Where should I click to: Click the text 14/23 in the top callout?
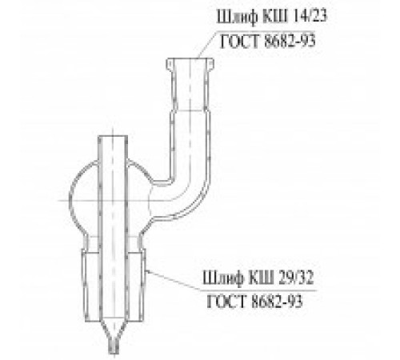(x=310, y=17)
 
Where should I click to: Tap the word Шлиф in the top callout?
(x=238, y=18)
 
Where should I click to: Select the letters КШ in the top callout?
(x=275, y=17)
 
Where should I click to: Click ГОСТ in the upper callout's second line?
(x=239, y=41)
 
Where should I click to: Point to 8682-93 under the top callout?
(x=290, y=41)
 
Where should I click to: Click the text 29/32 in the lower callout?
(x=296, y=278)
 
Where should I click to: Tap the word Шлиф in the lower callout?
(x=223, y=278)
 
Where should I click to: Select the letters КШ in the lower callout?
(x=262, y=278)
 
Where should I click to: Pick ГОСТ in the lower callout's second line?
(x=226, y=302)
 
